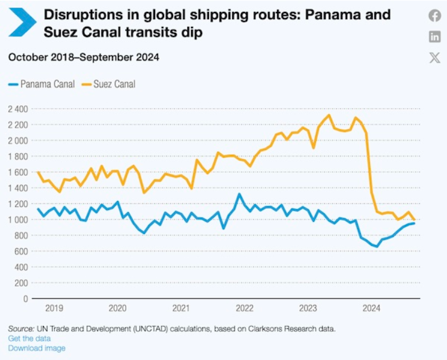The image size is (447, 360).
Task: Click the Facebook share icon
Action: point(434,16)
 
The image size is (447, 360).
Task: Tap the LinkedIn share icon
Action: point(434,36)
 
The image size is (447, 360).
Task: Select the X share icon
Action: point(434,57)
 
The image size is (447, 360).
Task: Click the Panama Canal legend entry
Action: point(42,84)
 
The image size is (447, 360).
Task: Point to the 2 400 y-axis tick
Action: point(18,109)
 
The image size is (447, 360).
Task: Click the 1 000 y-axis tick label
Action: point(18,219)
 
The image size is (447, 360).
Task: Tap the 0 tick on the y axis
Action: point(26,298)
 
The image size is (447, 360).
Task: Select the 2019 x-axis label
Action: point(54,309)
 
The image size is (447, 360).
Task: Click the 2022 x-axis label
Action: point(245,309)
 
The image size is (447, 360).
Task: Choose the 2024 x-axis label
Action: point(372,309)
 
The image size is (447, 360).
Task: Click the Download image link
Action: point(37,348)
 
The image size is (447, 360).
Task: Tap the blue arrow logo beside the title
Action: point(22,23)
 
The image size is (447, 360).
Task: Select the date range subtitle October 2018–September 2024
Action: point(84,57)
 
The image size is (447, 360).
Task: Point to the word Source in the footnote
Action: point(20,329)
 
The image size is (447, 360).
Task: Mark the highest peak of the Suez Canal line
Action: point(329,115)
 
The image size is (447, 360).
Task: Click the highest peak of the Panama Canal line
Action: point(239,194)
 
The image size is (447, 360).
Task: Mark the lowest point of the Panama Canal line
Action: point(377,246)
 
